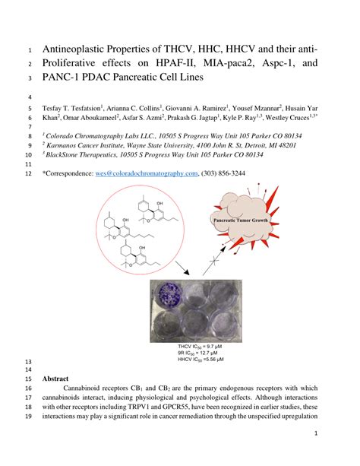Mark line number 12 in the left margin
pos(28,173)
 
